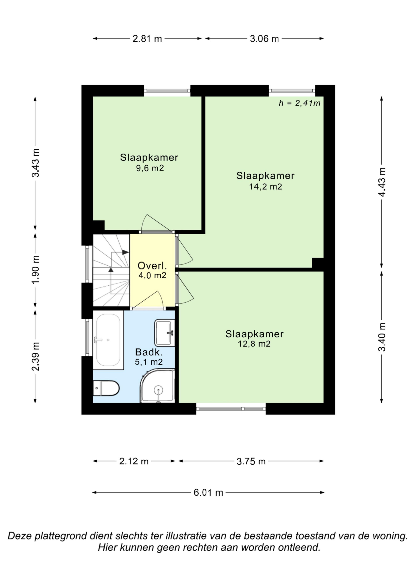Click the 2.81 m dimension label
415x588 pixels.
tap(147, 39)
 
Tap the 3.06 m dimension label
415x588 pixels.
tap(264, 39)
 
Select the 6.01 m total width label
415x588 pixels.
tap(208, 493)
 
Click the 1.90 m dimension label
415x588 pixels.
tap(35, 269)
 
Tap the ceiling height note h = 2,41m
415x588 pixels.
tap(299, 103)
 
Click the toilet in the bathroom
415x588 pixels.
tap(106, 388)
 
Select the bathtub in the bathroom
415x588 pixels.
tap(108, 340)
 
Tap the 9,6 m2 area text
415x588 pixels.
tap(150, 168)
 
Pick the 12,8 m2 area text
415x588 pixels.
tap(254, 344)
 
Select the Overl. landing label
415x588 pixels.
tap(152, 266)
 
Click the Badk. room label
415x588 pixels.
tap(149, 352)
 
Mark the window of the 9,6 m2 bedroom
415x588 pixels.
tap(167, 90)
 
